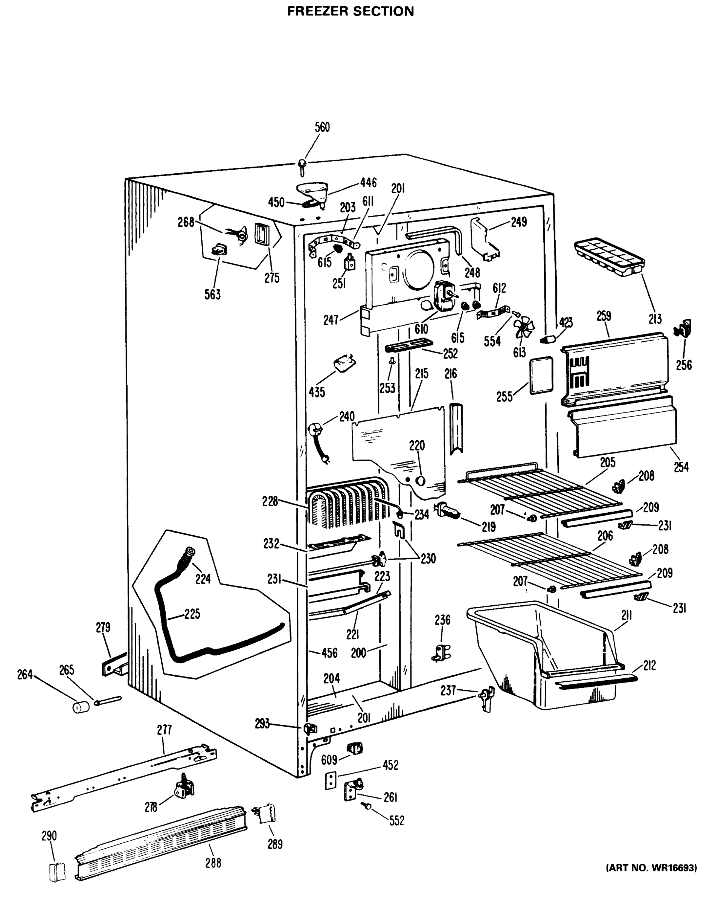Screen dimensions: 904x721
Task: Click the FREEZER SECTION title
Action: pyautogui.click(x=351, y=11)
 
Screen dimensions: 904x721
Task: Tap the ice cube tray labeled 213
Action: pyautogui.click(x=609, y=256)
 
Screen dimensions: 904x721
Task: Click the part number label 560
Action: pyautogui.click(x=322, y=127)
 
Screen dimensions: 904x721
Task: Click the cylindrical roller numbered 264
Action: pyautogui.click(x=81, y=707)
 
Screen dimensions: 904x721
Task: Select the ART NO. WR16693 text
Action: pyautogui.click(x=651, y=868)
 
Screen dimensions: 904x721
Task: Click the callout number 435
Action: pyautogui.click(x=317, y=392)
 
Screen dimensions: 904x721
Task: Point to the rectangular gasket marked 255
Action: pyautogui.click(x=541, y=375)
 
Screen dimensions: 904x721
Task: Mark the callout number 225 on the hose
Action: pyautogui.click(x=192, y=614)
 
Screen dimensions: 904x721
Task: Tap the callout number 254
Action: pyautogui.click(x=681, y=467)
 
